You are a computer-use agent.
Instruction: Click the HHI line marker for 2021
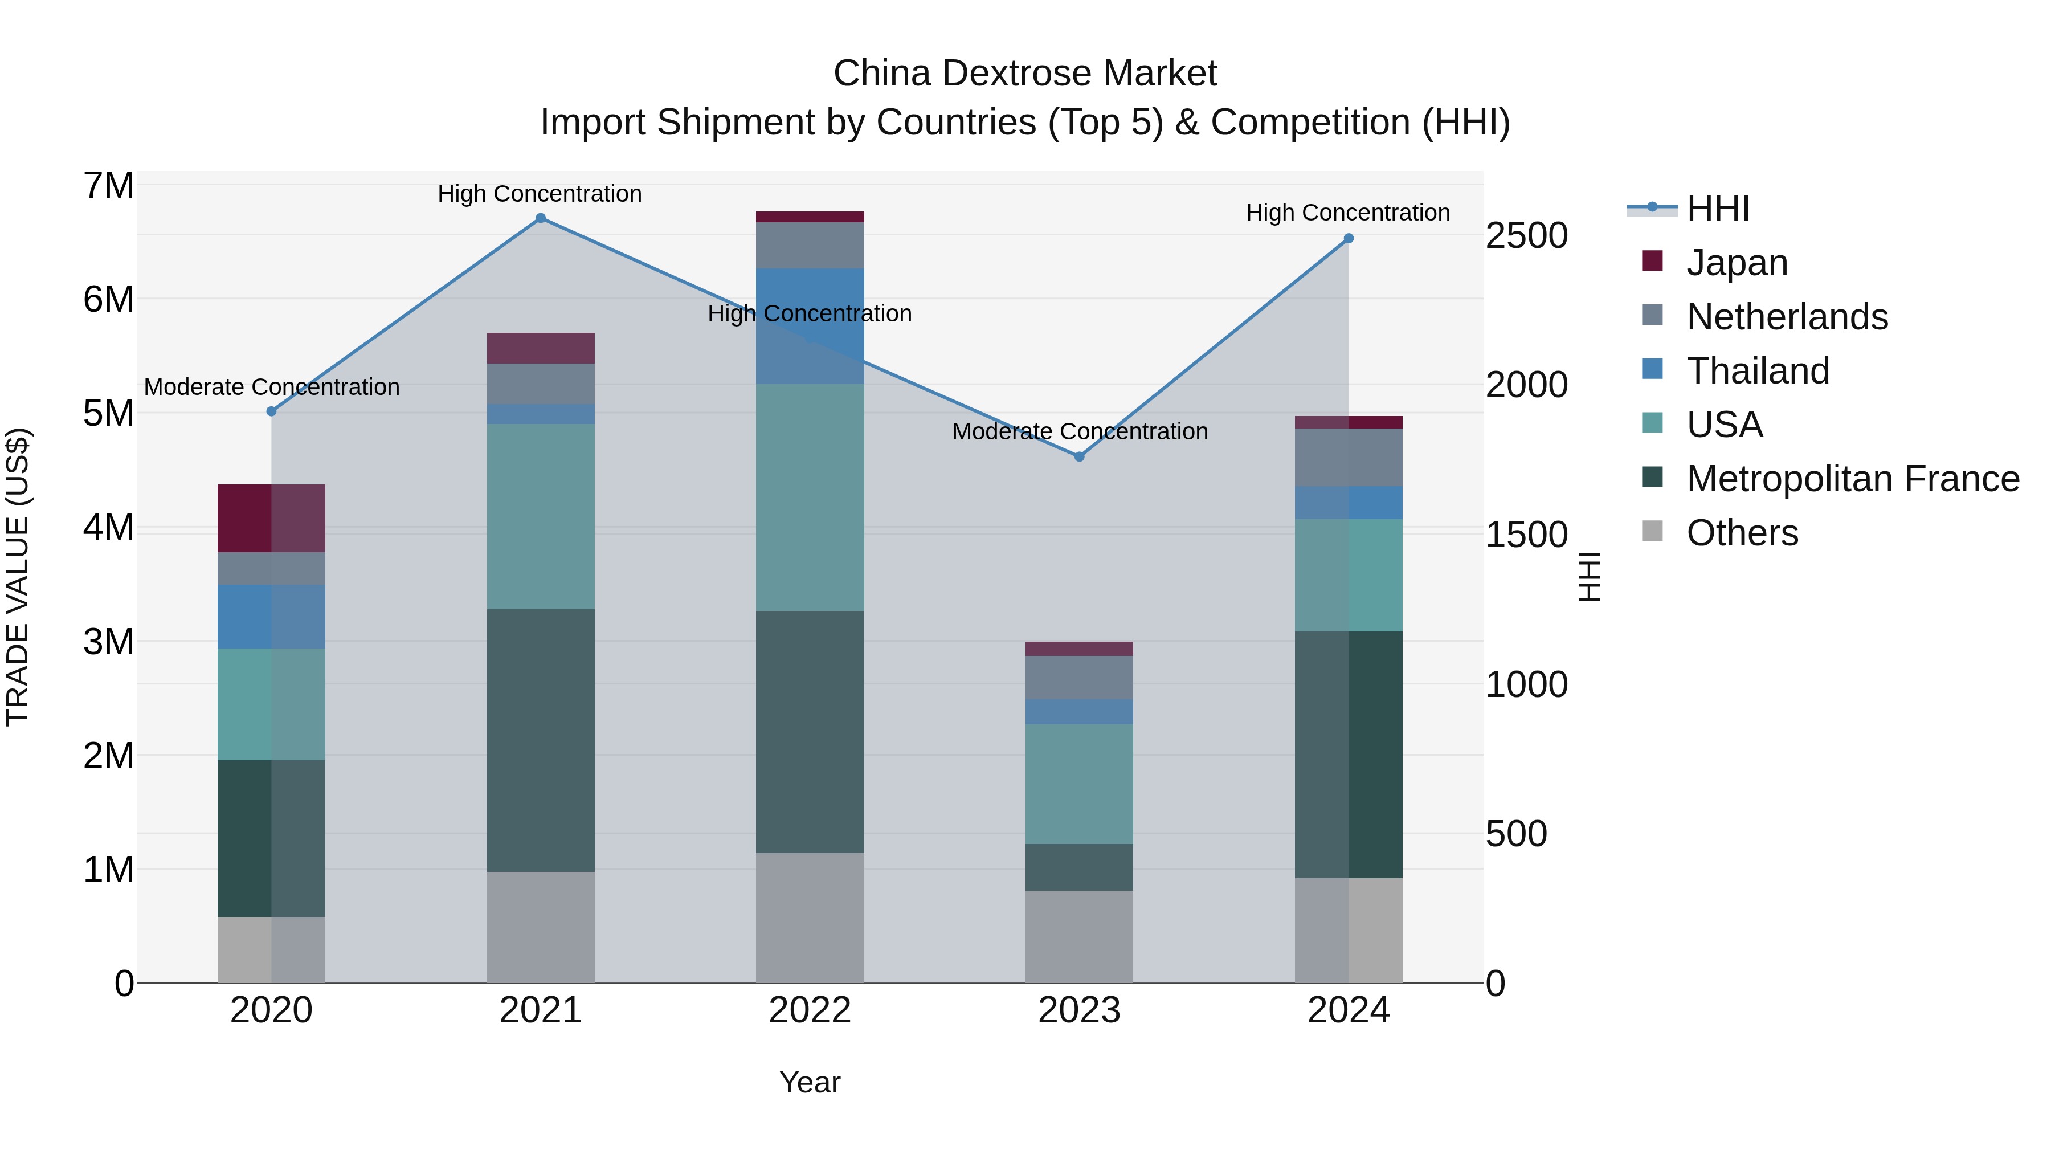coord(541,218)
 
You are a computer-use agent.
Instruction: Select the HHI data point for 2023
coord(1080,457)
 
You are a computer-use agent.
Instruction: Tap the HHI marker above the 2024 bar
coord(1349,239)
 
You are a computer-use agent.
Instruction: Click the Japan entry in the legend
coord(1737,263)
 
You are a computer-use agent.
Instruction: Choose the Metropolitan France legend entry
coord(1852,479)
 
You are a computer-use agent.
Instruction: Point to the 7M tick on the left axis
coord(108,186)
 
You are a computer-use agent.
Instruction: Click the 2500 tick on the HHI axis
coord(1526,236)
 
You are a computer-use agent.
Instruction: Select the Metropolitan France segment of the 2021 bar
coord(541,741)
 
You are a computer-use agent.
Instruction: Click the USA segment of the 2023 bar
coord(1079,785)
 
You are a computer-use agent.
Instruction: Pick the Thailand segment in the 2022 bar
coord(810,327)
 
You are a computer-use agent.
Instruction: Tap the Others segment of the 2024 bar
coord(1349,930)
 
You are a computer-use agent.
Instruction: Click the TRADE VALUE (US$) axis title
coord(18,577)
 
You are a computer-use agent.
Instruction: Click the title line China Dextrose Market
coord(1025,74)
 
